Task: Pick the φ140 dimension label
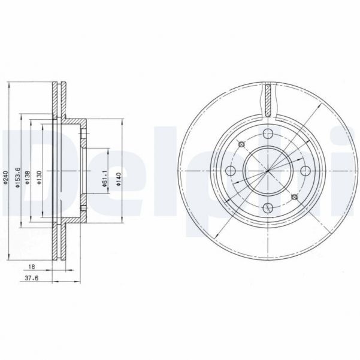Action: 119,179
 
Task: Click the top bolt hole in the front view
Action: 268,135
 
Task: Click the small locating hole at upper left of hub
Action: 242,145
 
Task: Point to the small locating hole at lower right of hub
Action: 293,198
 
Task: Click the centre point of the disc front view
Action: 268,172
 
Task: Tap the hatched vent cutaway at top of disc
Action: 268,99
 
